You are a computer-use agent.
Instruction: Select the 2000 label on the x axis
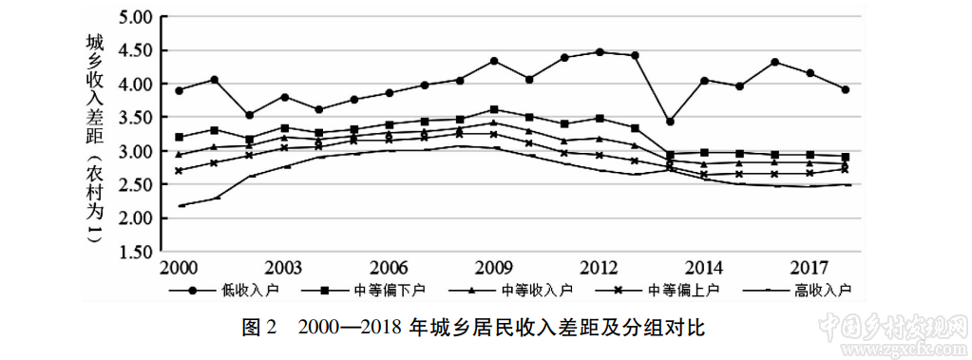[x=180, y=266]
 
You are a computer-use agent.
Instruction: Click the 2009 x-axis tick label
[x=494, y=266]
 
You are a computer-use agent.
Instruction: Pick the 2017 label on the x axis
[x=810, y=266]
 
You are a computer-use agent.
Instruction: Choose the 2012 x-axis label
[x=600, y=266]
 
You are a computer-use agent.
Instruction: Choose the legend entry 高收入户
[x=823, y=289]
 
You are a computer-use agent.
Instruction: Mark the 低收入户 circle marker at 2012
[x=600, y=52]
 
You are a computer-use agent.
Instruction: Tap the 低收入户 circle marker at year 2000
[x=180, y=90]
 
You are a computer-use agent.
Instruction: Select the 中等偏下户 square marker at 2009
[x=494, y=109]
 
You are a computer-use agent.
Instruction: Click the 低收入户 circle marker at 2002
[x=250, y=115]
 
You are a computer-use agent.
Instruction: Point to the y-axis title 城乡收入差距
[x=93, y=85]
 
